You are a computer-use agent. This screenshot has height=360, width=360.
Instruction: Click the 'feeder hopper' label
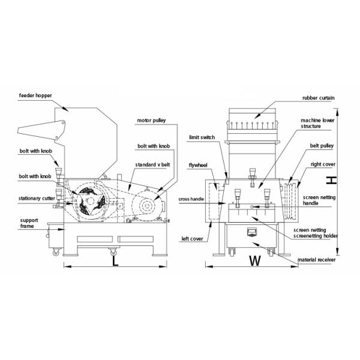(36, 95)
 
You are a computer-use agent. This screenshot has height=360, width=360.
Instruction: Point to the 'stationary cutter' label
(36, 198)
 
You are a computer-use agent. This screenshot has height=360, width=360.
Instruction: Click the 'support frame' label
(29, 223)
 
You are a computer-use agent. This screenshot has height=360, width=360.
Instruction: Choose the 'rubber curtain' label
(318, 98)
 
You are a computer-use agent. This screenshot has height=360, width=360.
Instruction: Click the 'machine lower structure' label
(317, 124)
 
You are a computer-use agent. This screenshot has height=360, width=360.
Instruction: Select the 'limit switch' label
(202, 137)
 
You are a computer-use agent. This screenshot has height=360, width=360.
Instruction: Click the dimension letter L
(114, 262)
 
